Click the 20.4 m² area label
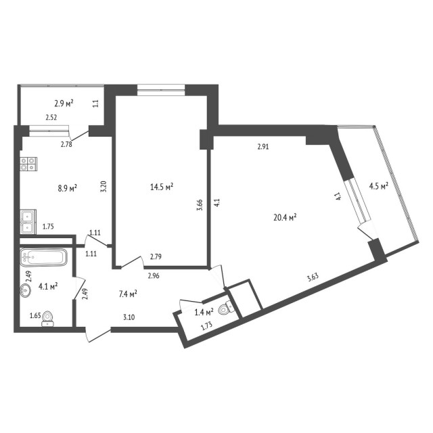pos(283,217)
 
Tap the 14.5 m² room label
pos(162,185)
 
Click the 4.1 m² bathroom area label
pos(47,286)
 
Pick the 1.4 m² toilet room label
pos(204,312)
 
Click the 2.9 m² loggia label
pos(64,104)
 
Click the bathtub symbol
pos(43,258)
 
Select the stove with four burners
pos(29,163)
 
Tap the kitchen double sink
pos(28,220)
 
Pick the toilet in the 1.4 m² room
pos(229,311)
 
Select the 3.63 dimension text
pos(313,276)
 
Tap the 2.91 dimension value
pos(265,145)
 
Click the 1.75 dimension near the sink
pos(49,227)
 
